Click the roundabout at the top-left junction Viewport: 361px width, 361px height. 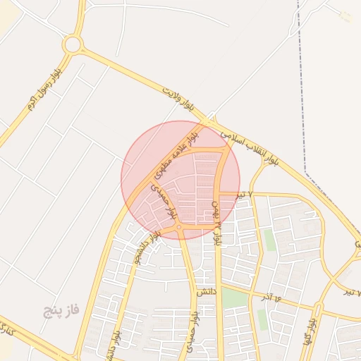[x=72, y=45]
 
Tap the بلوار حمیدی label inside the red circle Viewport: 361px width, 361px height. [x=161, y=200]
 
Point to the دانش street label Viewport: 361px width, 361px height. [x=205, y=291]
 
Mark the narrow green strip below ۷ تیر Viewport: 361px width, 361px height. [x=270, y=240]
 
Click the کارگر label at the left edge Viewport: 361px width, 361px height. [x=6, y=327]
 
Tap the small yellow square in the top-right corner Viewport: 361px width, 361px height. [x=345, y=16]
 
